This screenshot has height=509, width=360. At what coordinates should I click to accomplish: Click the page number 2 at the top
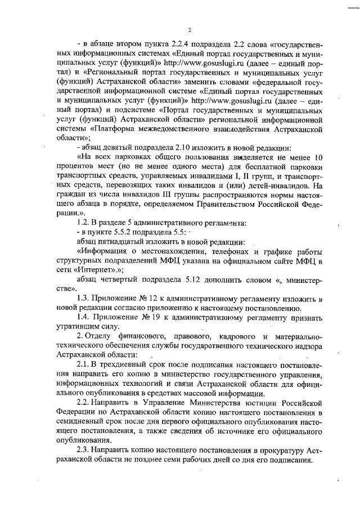190,30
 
